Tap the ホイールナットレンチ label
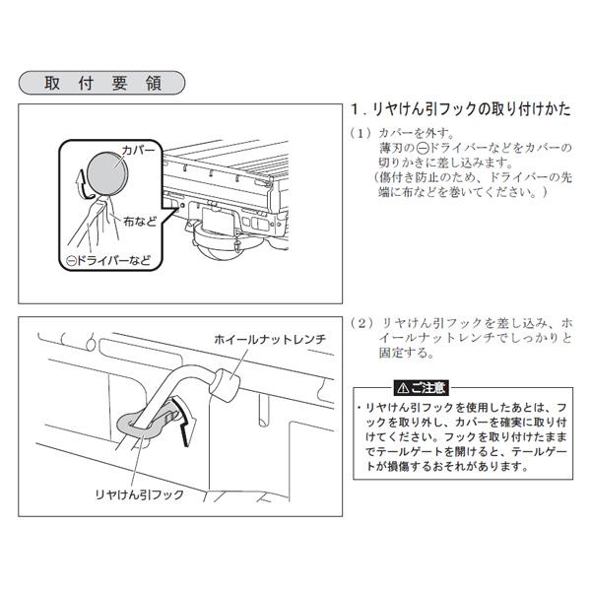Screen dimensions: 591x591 coord(269,339)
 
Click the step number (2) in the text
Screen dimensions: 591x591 coord(359,323)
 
